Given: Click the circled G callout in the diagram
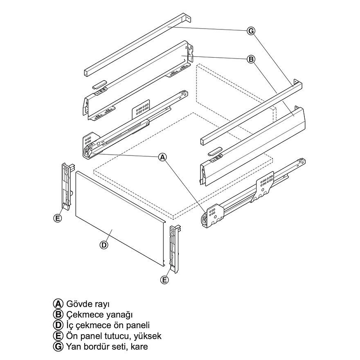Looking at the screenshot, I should [251, 31].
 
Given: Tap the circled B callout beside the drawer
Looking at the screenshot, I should [251, 60].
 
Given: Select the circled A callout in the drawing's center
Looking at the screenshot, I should [163, 157].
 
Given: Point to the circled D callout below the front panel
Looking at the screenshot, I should [104, 245].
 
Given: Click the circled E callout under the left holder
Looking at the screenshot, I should [58, 218].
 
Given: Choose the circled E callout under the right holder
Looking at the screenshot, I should [164, 280].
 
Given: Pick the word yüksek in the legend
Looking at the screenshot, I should [147, 336].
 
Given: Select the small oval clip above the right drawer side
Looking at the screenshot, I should [214, 151].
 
